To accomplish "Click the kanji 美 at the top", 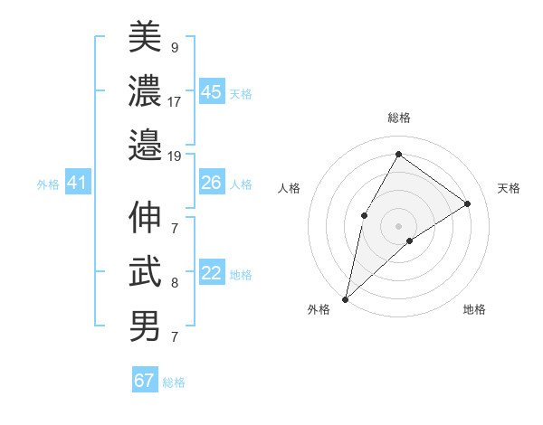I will point(145,36).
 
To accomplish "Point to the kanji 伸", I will point(145,218).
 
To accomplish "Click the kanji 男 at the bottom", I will point(145,326).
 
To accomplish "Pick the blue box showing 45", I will point(212,92).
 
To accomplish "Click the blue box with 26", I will point(212,184).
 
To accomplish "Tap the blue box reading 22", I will point(212,274).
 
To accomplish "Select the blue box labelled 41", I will point(77,184).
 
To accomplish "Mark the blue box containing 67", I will point(145,381).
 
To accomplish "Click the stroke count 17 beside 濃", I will point(175,101).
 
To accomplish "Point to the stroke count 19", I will point(175,156).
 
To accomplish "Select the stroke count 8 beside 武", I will point(175,284).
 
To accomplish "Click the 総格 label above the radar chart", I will point(398,118).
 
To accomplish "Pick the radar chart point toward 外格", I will point(345,298).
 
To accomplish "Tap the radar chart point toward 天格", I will point(468,203).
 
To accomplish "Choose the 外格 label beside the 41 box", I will point(48,184).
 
